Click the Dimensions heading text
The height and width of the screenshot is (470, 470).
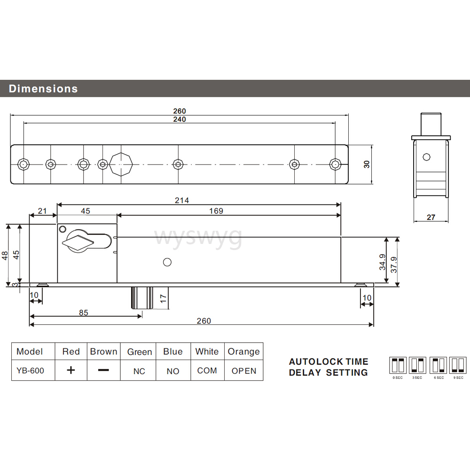[43, 88]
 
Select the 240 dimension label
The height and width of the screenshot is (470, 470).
[179, 119]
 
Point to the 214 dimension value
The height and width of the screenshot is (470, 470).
[181, 200]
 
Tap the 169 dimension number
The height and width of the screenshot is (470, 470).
[216, 211]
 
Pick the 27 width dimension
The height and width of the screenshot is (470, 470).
[431, 217]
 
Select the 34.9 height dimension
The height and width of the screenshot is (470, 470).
[382, 261]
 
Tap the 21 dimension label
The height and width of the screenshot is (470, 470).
[43, 211]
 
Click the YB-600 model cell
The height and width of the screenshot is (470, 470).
[30, 370]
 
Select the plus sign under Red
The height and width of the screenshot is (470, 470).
[70, 370]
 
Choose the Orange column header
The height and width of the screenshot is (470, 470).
[243, 352]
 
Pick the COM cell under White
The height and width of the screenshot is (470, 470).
[207, 370]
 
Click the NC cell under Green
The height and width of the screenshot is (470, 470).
[139, 371]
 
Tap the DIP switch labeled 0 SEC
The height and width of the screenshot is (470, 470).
[398, 365]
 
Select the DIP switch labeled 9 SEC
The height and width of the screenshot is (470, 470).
[458, 365]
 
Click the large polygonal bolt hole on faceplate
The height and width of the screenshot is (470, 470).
[121, 164]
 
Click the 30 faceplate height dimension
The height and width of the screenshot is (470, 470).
[367, 164]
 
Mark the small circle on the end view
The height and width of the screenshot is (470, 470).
[426, 157]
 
